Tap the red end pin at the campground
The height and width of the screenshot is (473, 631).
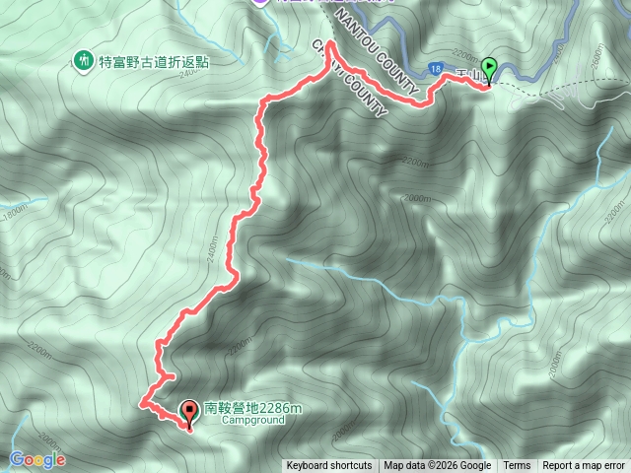pyautogui.click(x=189, y=414)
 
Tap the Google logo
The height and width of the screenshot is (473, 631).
pyautogui.click(x=37, y=459)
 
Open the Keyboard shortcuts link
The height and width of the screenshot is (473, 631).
pyautogui.click(x=329, y=466)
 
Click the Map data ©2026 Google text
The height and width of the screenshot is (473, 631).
pyautogui.click(x=438, y=466)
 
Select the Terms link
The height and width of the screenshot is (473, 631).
pyautogui.click(x=517, y=466)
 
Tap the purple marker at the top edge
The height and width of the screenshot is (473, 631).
pyautogui.click(x=260, y=3)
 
